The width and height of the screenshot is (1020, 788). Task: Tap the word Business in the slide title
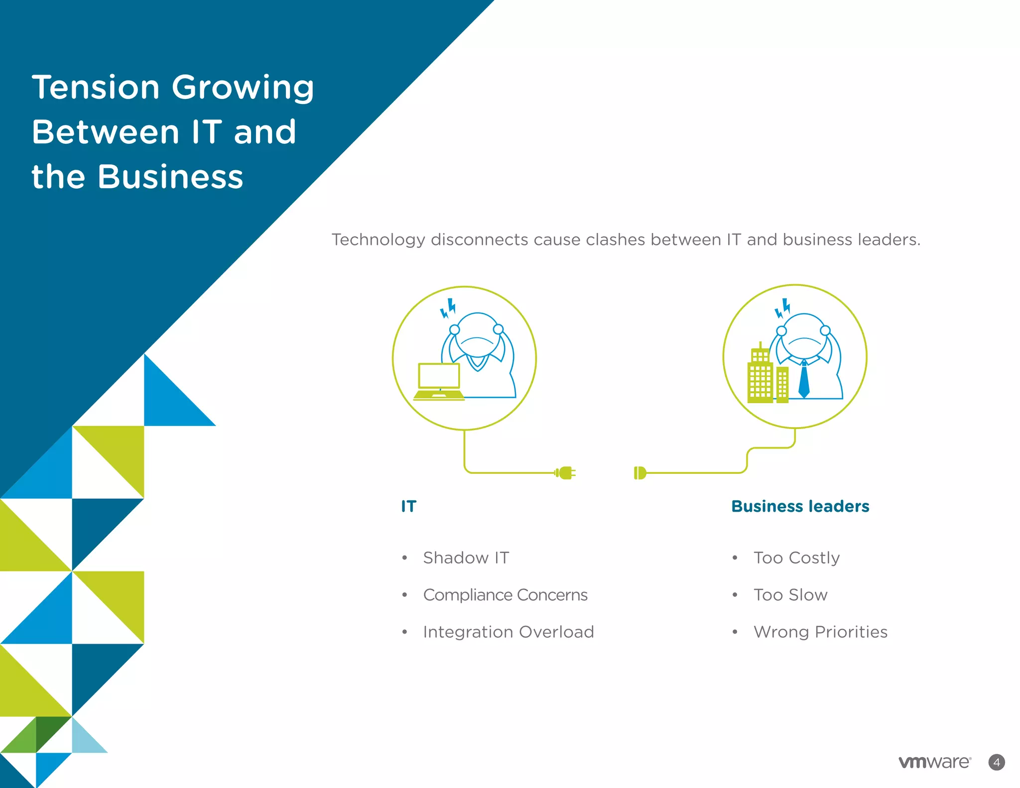tap(170, 177)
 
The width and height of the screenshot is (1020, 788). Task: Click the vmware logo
tap(934, 762)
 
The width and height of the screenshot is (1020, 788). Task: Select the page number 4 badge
tap(996, 762)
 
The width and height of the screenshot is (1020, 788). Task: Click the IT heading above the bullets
tap(408, 506)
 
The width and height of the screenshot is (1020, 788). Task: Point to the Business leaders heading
tap(800, 506)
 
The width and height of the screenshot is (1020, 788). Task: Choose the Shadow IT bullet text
tap(466, 558)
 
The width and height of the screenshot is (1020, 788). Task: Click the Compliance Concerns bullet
tap(505, 595)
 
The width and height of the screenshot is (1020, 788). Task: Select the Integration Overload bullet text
tap(508, 632)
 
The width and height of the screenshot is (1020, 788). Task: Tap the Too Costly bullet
tap(796, 558)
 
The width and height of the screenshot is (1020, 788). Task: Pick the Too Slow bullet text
tap(790, 595)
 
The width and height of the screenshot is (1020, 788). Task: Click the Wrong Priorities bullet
tap(820, 632)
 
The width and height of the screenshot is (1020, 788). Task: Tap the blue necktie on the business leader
tap(803, 381)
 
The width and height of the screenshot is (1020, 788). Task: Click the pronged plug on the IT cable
tap(566, 473)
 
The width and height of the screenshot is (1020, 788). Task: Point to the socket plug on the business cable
tap(639, 473)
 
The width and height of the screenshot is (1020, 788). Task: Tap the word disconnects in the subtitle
tap(479, 240)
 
